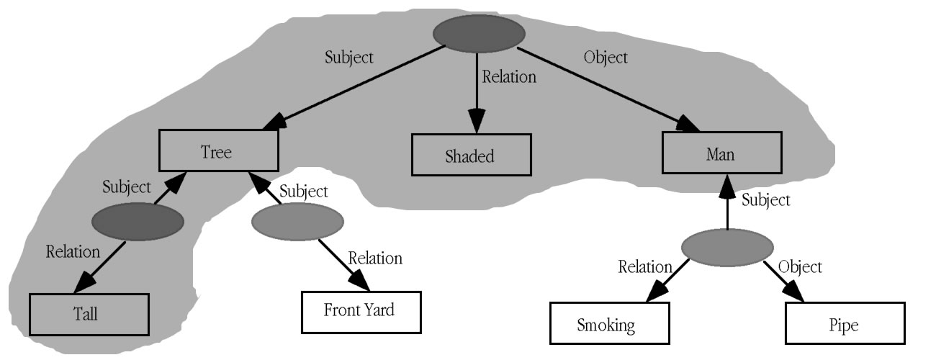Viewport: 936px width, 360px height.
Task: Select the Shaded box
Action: click(x=471, y=156)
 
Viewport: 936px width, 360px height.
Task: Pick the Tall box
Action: click(x=89, y=313)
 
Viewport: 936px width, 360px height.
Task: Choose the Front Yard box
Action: click(x=359, y=312)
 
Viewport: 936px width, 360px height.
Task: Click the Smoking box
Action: click(x=606, y=324)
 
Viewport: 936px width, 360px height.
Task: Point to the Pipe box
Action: click(x=844, y=324)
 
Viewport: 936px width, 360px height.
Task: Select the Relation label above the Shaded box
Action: click(x=509, y=76)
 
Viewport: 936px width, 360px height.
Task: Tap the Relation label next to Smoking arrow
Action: click(x=645, y=267)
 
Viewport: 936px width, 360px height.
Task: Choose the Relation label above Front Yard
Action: click(x=375, y=257)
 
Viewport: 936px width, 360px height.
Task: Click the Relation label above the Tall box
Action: click(x=73, y=251)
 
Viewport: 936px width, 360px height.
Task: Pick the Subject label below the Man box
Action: click(x=765, y=199)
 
